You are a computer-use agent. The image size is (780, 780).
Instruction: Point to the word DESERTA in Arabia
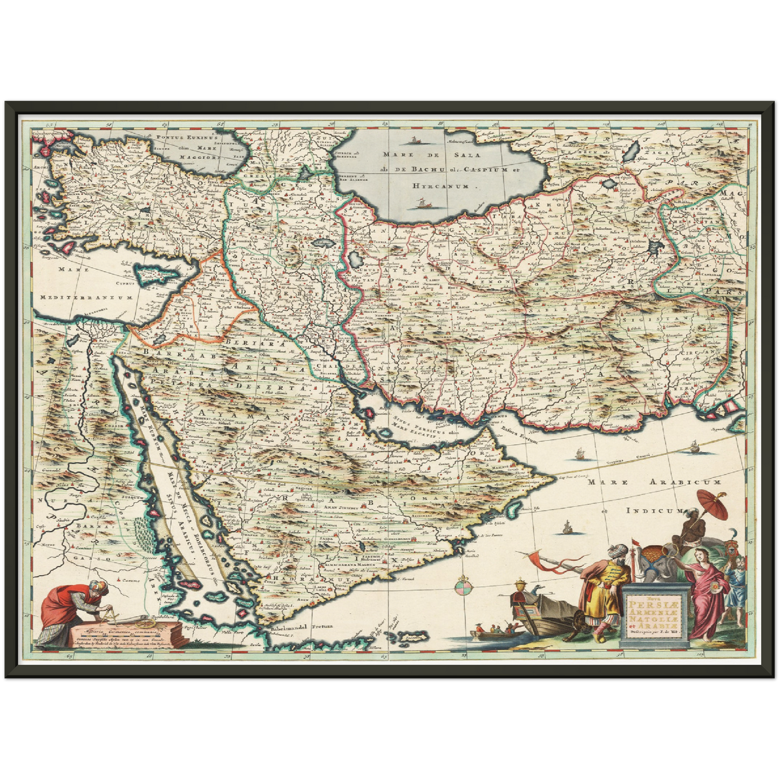tap(283, 388)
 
